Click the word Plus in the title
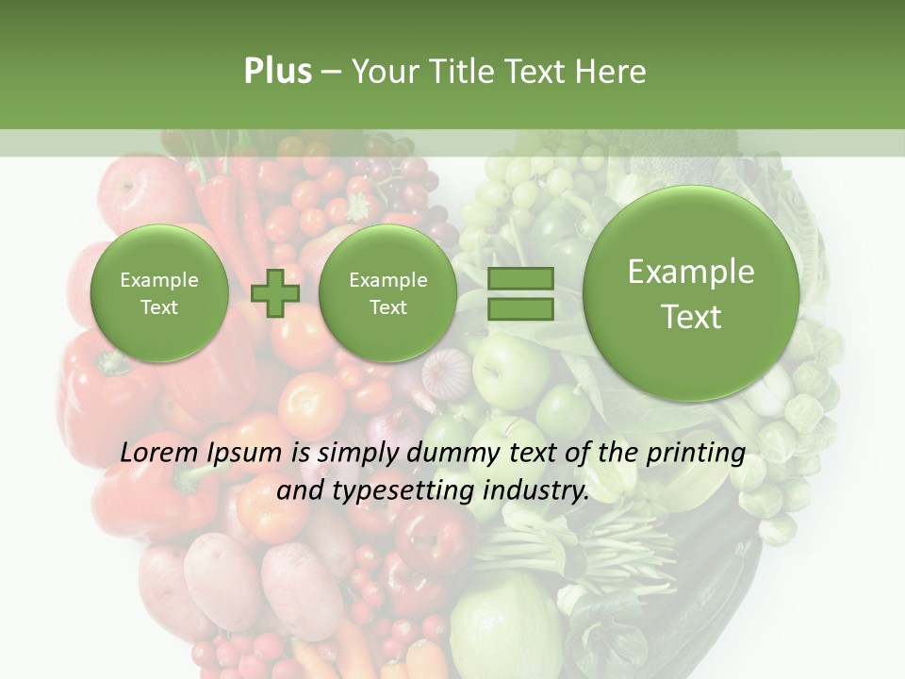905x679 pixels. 277,71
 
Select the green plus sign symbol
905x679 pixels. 275,293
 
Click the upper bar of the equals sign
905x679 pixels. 519,278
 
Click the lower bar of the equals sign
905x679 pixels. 519,309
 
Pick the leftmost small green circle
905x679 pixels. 159,293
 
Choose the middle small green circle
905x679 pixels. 388,293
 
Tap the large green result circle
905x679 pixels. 691,293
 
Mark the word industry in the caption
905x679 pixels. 538,491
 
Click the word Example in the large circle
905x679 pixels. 691,272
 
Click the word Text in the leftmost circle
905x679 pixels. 159,307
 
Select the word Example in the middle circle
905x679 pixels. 388,280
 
